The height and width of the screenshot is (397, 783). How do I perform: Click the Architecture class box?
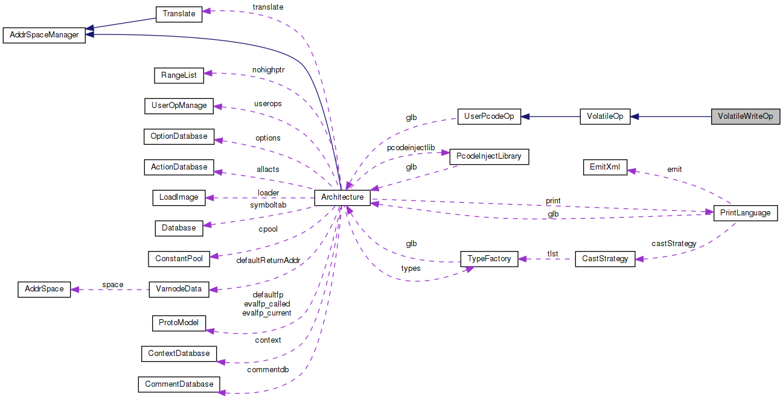tap(342, 197)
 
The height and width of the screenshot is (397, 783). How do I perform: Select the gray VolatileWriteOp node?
tap(746, 116)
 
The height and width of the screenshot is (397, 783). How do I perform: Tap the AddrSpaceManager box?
tap(45, 35)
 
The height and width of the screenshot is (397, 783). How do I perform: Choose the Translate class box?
tap(179, 14)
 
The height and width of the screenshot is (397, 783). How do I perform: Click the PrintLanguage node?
tap(746, 213)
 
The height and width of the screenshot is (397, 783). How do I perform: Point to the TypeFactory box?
tap(489, 259)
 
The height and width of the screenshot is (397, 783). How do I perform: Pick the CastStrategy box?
tap(605, 259)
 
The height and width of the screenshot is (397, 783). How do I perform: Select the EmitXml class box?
tap(605, 167)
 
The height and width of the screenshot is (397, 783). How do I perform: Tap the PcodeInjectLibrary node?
tap(489, 157)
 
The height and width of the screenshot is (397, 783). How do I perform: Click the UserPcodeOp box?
tap(489, 116)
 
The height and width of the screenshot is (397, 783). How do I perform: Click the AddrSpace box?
tap(45, 289)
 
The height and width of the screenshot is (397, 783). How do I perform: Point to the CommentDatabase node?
tap(179, 384)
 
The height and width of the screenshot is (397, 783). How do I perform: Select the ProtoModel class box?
tap(179, 323)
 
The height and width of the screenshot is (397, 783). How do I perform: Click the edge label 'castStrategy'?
tap(674, 244)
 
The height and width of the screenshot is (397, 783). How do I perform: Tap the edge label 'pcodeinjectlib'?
tap(411, 147)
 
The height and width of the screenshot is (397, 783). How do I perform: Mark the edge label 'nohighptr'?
tap(268, 70)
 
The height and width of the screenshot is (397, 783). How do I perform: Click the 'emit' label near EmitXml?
tap(674, 170)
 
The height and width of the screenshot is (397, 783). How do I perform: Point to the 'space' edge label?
tap(113, 285)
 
